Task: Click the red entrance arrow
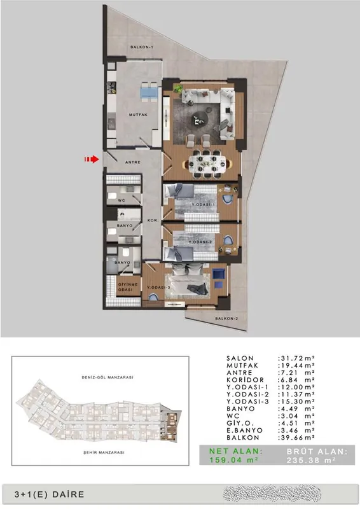(x=92, y=159)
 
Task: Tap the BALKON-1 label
(x=142, y=47)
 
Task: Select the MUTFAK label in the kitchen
(x=138, y=115)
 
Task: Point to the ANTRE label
(x=133, y=162)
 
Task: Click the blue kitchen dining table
(x=149, y=92)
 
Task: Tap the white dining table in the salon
(x=208, y=164)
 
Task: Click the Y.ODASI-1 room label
(x=204, y=205)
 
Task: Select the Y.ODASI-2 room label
(x=200, y=242)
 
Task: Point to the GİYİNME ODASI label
(x=128, y=287)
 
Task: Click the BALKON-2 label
(x=226, y=319)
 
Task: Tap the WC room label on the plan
(x=121, y=200)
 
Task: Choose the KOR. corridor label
(x=153, y=220)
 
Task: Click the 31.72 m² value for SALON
(x=296, y=358)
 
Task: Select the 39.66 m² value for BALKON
(x=296, y=438)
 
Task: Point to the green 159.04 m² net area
(x=233, y=460)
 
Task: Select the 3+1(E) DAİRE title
(x=50, y=494)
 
